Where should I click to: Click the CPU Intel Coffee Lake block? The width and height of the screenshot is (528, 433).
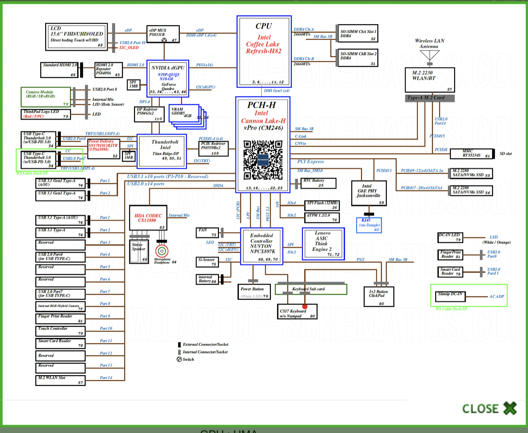click(x=264, y=52)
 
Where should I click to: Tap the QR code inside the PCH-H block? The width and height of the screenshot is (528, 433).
click(x=263, y=160)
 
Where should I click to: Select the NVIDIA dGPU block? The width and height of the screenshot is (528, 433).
click(x=167, y=79)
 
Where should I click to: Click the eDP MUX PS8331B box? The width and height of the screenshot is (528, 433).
click(x=163, y=34)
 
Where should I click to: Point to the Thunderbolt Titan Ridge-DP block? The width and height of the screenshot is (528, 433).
click(x=162, y=151)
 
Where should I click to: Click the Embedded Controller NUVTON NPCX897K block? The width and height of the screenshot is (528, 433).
click(x=262, y=246)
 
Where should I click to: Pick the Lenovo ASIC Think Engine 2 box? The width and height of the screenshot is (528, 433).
click(x=323, y=244)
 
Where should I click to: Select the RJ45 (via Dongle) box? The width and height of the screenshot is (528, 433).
click(x=369, y=225)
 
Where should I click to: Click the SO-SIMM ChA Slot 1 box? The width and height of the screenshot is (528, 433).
click(x=358, y=34)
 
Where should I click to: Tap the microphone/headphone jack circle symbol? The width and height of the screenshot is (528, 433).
click(x=162, y=251)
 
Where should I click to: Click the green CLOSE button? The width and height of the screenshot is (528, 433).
click(x=489, y=408)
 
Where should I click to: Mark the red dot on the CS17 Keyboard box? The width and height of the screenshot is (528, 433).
click(x=305, y=306)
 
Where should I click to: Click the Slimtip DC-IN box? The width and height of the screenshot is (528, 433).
click(x=450, y=296)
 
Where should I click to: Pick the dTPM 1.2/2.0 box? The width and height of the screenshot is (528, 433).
click(x=322, y=217)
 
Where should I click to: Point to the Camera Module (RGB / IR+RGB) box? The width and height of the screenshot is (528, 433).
click(x=46, y=97)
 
